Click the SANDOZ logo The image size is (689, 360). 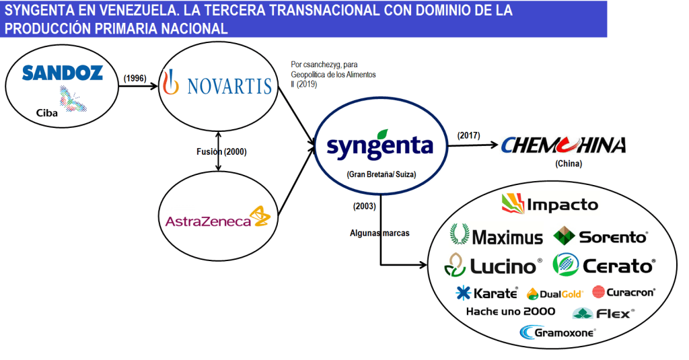63,73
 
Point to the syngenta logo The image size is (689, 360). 380,144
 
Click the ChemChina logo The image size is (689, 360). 563,145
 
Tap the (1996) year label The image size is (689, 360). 135,78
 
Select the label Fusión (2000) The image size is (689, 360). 217,151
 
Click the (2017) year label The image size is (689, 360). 468,135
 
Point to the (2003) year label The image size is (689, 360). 364,205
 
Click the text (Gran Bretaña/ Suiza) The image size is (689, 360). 382,174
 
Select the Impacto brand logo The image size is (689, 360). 550,203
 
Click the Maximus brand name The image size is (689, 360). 497,236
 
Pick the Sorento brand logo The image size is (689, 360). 600,236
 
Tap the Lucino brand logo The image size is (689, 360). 493,266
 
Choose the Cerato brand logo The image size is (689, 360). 604,265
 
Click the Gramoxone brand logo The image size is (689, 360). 558,332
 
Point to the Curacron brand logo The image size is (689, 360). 623,292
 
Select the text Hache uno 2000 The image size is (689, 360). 511,311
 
